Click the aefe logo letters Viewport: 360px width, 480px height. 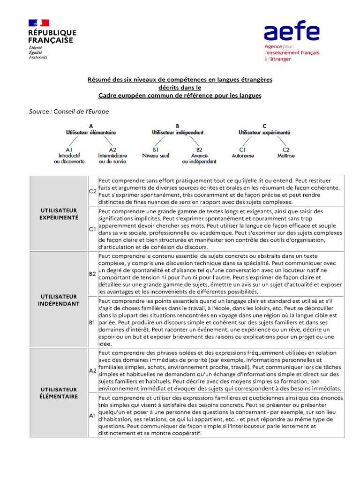[291, 32]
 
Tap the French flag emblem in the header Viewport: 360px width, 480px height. [38, 23]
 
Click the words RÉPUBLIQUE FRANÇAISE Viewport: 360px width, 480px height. [52, 36]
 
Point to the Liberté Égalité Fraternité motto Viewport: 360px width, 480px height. [38, 52]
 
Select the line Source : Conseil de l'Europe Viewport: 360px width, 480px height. [68, 111]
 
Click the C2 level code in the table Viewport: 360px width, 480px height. [93, 191]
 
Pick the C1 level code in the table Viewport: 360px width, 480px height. [93, 229]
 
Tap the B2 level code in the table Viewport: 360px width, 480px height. [93, 273]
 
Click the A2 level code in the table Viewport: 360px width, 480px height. [93, 370]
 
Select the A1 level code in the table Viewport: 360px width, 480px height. [93, 415]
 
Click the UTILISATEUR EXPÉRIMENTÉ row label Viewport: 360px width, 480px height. [59, 214]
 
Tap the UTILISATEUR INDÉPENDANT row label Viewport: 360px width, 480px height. [59, 300]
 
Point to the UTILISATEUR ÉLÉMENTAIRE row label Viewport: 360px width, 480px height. [59, 393]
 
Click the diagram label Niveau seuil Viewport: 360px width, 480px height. [156, 156]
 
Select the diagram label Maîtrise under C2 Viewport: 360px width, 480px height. [286, 156]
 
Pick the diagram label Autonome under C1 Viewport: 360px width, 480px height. [243, 156]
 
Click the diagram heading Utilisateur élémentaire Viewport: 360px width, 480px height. [91, 133]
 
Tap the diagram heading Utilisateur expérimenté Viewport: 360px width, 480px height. [264, 133]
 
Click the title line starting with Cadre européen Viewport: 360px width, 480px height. [180, 96]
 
